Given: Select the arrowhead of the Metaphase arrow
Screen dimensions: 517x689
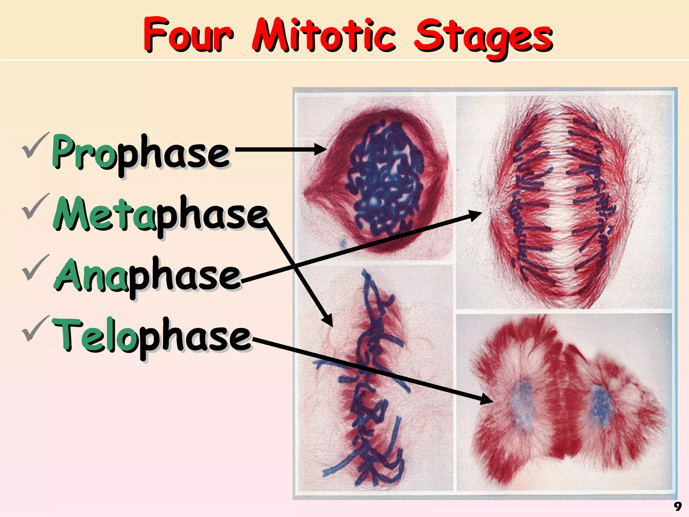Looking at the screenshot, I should (x=328, y=320).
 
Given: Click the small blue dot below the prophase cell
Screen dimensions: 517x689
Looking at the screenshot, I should (x=343, y=242).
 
